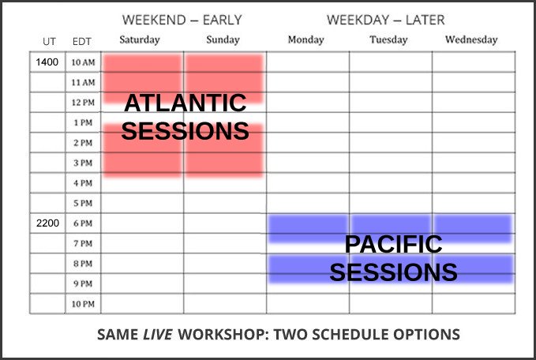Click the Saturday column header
(140, 40)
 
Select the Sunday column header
(223, 39)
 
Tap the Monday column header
(306, 40)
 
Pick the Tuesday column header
(388, 40)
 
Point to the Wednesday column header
(471, 40)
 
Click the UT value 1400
(47, 62)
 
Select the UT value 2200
(47, 223)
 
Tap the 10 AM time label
(83, 62)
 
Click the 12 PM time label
(83, 103)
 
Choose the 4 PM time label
(83, 183)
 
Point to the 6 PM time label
(83, 223)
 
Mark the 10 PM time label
(83, 304)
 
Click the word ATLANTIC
(186, 103)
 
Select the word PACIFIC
(393, 244)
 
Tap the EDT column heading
(81, 42)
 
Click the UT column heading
(49, 42)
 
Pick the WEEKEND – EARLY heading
(182, 21)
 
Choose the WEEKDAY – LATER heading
(385, 21)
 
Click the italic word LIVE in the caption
(158, 335)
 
